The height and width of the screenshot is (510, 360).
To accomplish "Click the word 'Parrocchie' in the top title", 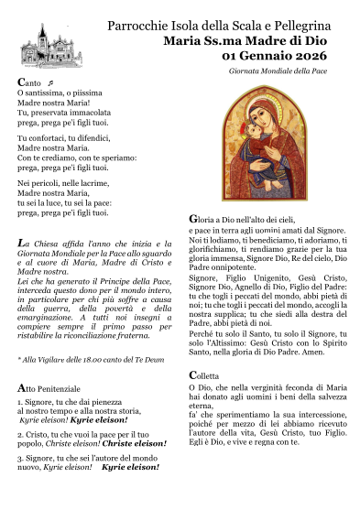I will pos(139,24).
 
